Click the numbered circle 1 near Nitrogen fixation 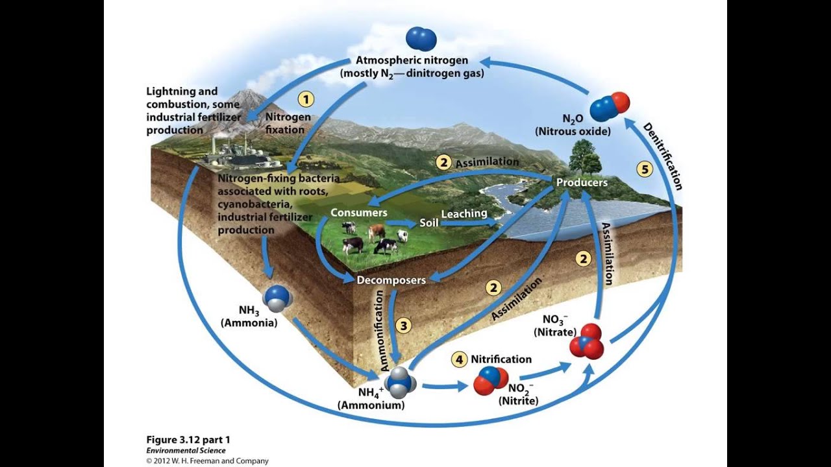306,99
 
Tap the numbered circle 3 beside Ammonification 404,325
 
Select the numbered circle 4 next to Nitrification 460,359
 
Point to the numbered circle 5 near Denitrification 644,170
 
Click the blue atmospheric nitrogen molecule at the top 421,39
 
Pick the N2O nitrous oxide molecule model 610,106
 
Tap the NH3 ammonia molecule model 278,298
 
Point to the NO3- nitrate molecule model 586,341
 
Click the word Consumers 358,213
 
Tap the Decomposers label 391,280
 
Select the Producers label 582,183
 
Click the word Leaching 464,213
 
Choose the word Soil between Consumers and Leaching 428,222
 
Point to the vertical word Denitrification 662,156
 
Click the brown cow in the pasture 377,232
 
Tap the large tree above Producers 583,156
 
